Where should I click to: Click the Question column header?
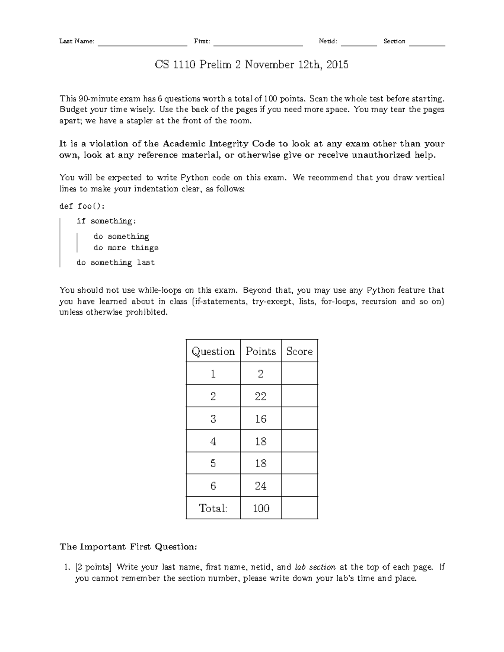pyautogui.click(x=213, y=351)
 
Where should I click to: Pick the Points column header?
pyautogui.click(x=260, y=351)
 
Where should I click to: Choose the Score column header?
pyautogui.click(x=299, y=351)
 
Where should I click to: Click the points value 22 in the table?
pyautogui.click(x=260, y=396)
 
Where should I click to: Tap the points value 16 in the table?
pyautogui.click(x=260, y=419)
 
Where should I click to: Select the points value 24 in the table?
pyautogui.click(x=260, y=486)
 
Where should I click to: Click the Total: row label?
pyautogui.click(x=213, y=508)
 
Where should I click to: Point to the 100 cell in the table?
pyautogui.click(x=260, y=508)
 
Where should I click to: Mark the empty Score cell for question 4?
pyautogui.click(x=299, y=441)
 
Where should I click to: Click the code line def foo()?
pyautogui.click(x=83, y=206)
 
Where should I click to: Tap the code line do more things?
pyautogui.click(x=126, y=248)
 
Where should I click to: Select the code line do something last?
pyautogui.click(x=115, y=263)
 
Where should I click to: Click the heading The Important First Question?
pyautogui.click(x=128, y=547)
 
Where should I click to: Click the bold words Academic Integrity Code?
pyautogui.click(x=218, y=144)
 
